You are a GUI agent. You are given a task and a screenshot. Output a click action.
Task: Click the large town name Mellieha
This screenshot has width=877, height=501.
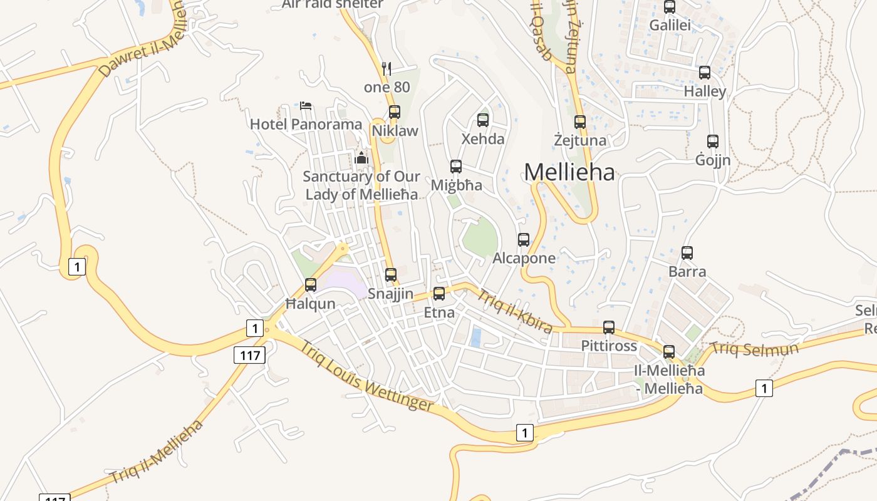tap(569, 172)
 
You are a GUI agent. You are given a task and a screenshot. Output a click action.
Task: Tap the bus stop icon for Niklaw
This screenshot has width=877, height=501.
tap(395, 112)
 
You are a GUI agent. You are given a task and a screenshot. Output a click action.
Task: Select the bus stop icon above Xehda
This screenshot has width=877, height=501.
tap(483, 120)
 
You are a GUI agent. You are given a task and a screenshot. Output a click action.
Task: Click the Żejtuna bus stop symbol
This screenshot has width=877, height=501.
tap(580, 122)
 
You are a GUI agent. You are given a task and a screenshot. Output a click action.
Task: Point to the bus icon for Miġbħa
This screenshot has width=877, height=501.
tap(456, 167)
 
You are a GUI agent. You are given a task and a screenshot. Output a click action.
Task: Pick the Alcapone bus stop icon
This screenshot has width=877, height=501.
tap(524, 240)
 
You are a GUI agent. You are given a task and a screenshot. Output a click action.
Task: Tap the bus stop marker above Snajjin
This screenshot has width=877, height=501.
tap(391, 275)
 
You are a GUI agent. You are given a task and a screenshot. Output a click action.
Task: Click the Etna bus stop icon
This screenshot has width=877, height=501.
tap(439, 294)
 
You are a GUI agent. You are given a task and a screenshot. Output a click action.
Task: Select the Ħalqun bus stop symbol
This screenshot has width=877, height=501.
tap(311, 285)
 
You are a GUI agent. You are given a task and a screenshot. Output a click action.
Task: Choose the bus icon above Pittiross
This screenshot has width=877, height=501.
tap(609, 328)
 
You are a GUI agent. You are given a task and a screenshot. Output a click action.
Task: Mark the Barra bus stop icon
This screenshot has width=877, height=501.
tap(687, 253)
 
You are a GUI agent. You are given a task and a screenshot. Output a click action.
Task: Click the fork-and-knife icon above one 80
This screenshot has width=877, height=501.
tap(387, 69)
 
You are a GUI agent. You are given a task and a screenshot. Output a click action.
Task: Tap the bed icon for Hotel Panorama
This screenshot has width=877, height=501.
tap(306, 105)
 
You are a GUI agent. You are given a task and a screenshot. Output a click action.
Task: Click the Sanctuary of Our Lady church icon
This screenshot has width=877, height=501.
tap(361, 158)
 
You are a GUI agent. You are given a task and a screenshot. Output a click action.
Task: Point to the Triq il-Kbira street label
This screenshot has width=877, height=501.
tap(515, 311)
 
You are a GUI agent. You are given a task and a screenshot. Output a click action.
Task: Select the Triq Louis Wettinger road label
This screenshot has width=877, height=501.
tap(366, 376)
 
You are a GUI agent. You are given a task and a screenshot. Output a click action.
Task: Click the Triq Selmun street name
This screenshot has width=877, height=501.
tap(755, 349)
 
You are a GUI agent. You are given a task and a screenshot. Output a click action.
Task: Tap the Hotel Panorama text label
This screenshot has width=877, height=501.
tap(306, 124)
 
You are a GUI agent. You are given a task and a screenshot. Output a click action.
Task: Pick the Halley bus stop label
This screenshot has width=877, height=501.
tap(705, 91)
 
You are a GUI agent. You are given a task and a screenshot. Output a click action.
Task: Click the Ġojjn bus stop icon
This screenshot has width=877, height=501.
tap(713, 142)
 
